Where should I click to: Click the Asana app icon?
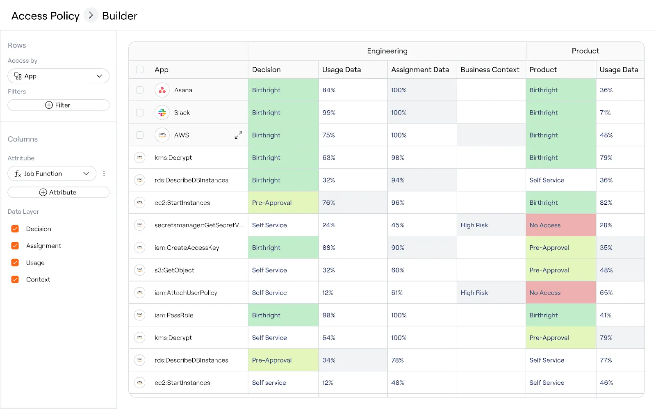click(x=162, y=90)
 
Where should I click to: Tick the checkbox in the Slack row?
click(x=140, y=112)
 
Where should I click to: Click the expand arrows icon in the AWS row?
click(x=238, y=135)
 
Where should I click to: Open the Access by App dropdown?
click(x=59, y=76)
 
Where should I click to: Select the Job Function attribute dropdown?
click(x=52, y=174)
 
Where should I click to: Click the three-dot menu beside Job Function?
click(x=104, y=174)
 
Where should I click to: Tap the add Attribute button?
click(x=59, y=192)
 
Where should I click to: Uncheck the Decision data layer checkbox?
click(x=15, y=229)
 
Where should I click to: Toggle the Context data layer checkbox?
click(x=15, y=279)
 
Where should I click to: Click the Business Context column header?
click(x=490, y=70)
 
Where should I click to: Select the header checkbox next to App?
click(x=140, y=69)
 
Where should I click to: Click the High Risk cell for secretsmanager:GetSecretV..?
click(x=474, y=225)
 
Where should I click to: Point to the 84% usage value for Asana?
click(x=329, y=90)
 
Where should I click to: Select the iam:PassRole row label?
click(x=174, y=315)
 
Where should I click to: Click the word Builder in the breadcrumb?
click(x=119, y=16)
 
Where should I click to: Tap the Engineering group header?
click(x=387, y=51)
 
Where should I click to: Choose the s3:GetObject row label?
click(x=174, y=270)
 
